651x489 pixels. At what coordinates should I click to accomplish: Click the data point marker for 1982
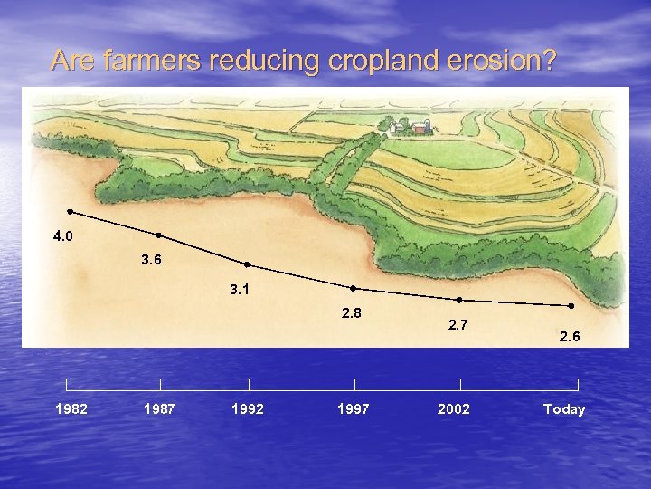pos(71,211)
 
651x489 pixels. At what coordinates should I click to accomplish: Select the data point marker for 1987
pos(159,235)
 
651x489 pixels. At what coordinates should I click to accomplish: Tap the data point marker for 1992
pos(247,265)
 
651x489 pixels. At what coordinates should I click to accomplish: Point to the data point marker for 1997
pos(354,289)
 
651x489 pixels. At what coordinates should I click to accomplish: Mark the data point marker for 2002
pos(459,300)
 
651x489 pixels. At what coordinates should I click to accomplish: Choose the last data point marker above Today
pos(571,305)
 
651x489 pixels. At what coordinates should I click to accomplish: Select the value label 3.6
pos(152,260)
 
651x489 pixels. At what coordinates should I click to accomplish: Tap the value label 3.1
pos(240,290)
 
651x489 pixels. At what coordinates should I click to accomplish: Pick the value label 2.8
pos(351,313)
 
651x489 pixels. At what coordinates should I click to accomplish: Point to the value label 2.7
pos(458,325)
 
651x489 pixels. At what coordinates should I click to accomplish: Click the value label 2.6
pos(570,337)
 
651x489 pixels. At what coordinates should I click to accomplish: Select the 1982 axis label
pos(71,409)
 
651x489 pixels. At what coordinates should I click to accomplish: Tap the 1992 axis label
pos(248,409)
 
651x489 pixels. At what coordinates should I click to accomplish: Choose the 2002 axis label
pos(454,409)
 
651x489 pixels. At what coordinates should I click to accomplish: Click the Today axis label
pos(564,409)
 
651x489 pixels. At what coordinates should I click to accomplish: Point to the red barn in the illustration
pos(420,129)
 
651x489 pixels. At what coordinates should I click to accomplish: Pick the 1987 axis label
pos(160,409)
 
